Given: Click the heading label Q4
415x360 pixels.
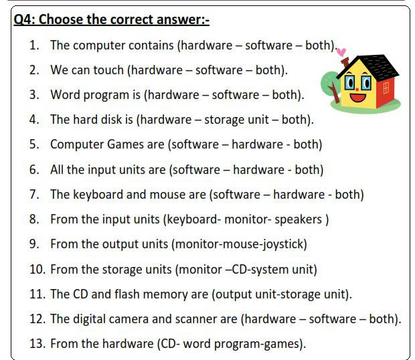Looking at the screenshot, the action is (x=24, y=19).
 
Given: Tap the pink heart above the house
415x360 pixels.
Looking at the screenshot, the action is (x=341, y=52).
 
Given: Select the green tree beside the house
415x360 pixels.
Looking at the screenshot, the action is (x=330, y=85).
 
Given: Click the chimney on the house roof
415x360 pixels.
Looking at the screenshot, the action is (x=345, y=63).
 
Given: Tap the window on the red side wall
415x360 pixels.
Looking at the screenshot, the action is (x=386, y=88).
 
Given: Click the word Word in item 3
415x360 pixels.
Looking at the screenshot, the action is (x=65, y=95).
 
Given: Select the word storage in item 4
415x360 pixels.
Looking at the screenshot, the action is (x=224, y=120).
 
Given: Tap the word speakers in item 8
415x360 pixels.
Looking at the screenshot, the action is (x=298, y=219).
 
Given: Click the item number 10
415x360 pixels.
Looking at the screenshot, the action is (x=37, y=269).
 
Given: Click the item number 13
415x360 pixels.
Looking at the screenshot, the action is (x=37, y=343).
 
